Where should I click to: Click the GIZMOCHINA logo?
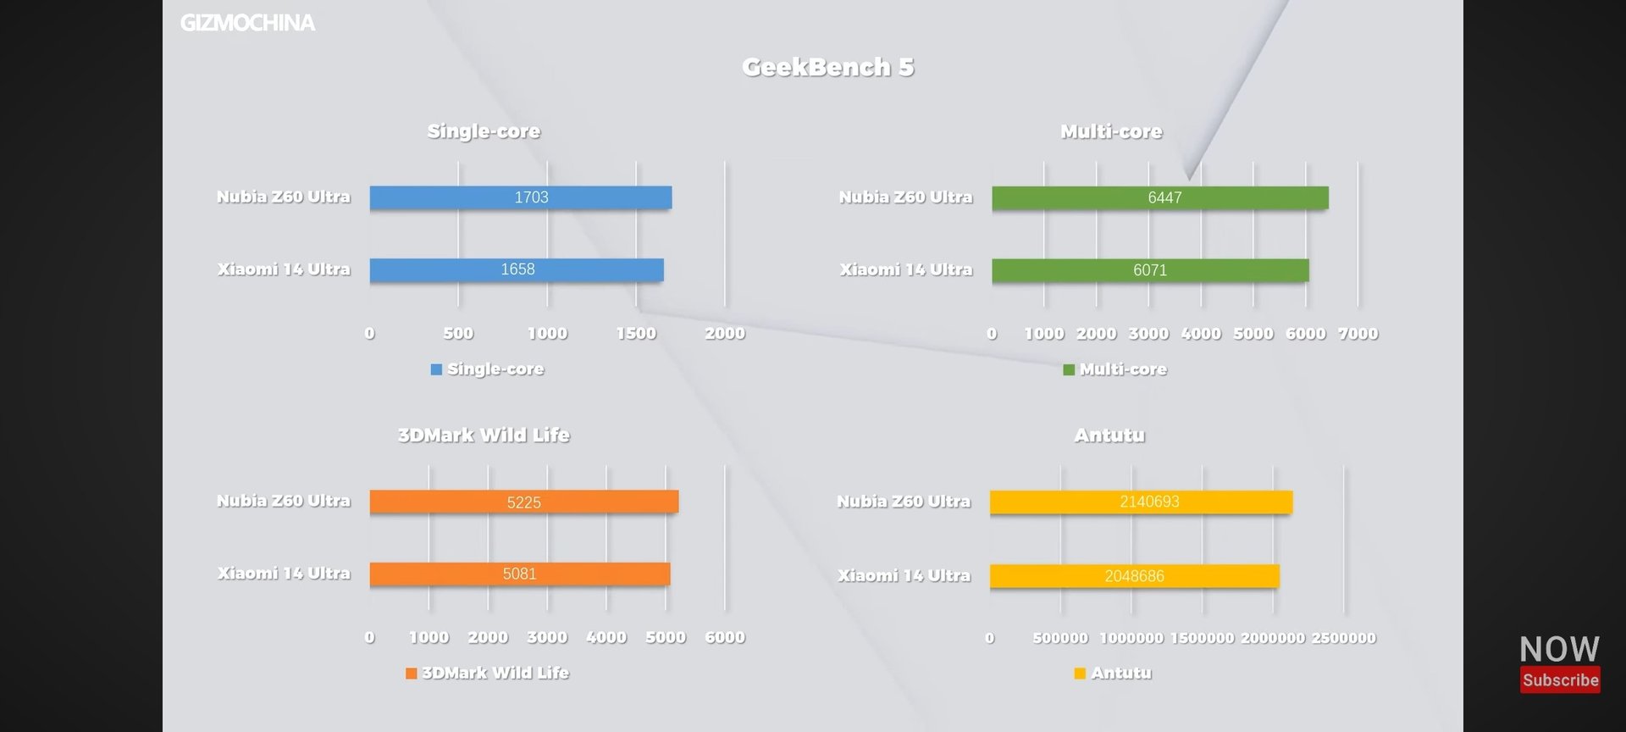[x=247, y=23]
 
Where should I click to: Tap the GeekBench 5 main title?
[x=827, y=67]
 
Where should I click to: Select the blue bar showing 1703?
[x=520, y=197]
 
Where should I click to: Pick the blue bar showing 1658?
[x=516, y=269]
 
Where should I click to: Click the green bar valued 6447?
[x=1159, y=197]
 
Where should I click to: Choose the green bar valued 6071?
[x=1150, y=270]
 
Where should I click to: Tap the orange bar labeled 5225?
[x=523, y=502]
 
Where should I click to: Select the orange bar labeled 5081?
[x=519, y=574]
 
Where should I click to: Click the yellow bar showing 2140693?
[x=1141, y=502]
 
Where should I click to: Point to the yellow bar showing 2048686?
[x=1134, y=576]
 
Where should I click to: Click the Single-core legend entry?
[x=488, y=369]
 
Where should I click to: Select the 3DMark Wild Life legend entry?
[x=488, y=674]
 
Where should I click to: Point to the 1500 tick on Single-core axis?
[x=636, y=334]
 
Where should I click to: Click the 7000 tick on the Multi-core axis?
[x=1358, y=334]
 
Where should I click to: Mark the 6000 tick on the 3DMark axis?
[x=725, y=638]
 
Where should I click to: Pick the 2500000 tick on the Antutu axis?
[x=1343, y=638]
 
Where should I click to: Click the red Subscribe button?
[x=1560, y=679]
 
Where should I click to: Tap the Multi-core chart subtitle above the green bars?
[x=1111, y=131]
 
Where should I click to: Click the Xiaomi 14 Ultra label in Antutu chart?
[x=904, y=576]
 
